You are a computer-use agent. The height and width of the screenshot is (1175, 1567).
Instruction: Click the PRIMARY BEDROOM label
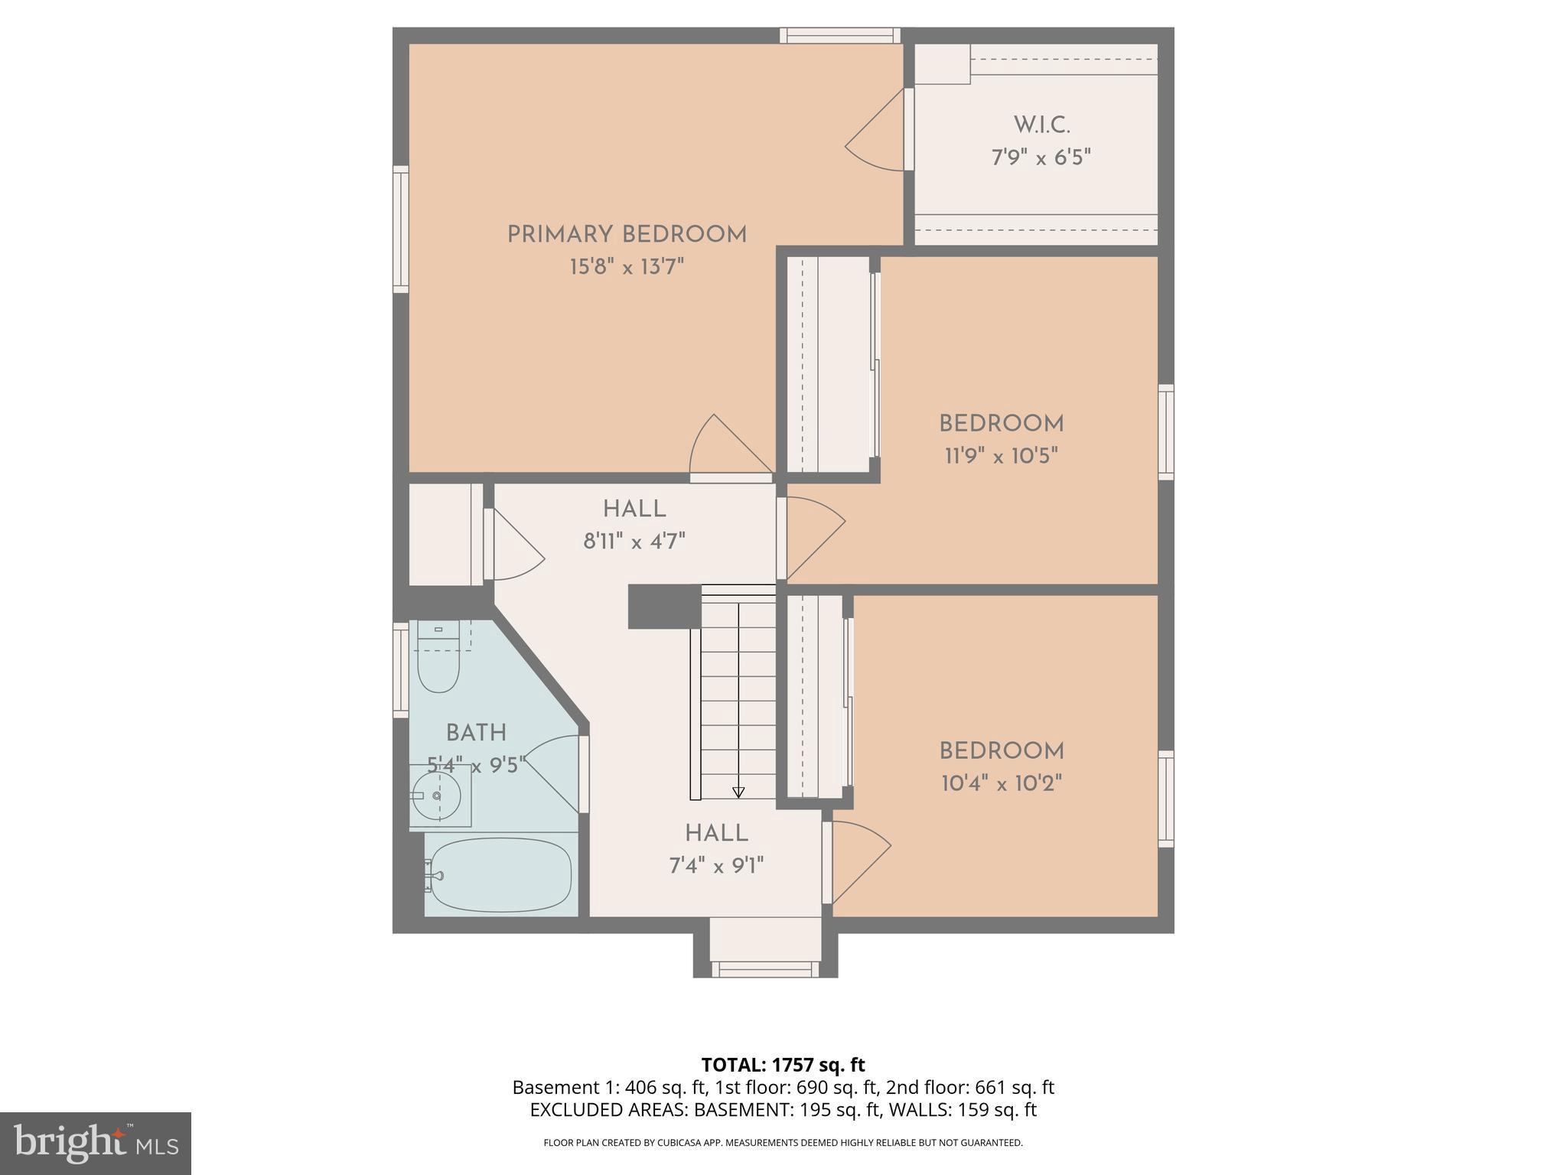pyautogui.click(x=627, y=235)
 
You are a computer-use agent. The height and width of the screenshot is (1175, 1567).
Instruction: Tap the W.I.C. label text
pyautogui.click(x=1041, y=125)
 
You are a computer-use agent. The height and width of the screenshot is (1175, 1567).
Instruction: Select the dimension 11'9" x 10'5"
pyautogui.click(x=1001, y=457)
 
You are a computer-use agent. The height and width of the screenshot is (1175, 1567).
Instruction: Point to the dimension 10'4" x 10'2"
pyautogui.click(x=1001, y=784)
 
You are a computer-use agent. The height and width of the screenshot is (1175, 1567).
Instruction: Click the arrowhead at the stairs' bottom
pyautogui.click(x=738, y=793)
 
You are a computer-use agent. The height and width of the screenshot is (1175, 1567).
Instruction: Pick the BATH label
pyautogui.click(x=476, y=734)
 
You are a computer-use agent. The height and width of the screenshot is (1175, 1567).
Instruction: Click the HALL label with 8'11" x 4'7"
pyautogui.click(x=634, y=509)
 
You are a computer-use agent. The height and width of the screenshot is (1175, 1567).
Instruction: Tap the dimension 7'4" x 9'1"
pyautogui.click(x=716, y=866)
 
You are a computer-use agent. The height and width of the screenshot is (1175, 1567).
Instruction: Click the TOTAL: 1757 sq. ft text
pyautogui.click(x=783, y=1065)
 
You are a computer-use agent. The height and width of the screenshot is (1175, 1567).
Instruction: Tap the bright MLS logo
pyautogui.click(x=96, y=1144)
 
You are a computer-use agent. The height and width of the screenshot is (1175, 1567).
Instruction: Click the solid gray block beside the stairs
pyautogui.click(x=663, y=607)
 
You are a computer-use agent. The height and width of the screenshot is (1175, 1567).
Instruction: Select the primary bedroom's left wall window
pyautogui.click(x=400, y=229)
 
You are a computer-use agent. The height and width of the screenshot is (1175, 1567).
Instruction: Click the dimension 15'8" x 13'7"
pyautogui.click(x=627, y=268)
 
